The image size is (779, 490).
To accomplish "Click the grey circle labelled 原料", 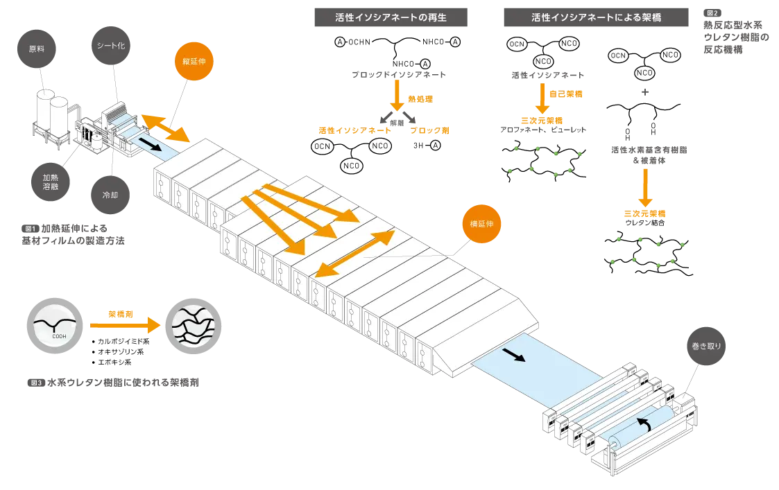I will pos(36,50).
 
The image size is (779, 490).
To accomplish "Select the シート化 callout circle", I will pos(111,46).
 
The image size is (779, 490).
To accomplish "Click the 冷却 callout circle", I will pos(110,195).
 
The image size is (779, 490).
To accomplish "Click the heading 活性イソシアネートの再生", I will pos(391,17).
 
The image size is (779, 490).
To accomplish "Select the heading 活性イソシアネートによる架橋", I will pos(596,17).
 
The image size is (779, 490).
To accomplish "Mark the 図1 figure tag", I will pos(29,228).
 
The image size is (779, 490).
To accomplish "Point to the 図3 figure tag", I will pos(37,383).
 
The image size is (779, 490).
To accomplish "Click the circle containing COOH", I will pos(58,324).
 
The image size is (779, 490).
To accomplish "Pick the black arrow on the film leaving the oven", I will pos(514,356).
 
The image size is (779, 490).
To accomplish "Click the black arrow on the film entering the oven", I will pos(150,144).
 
